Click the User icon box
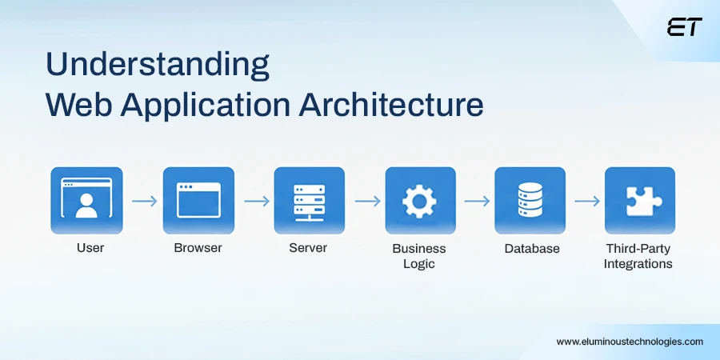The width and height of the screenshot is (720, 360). [86, 200]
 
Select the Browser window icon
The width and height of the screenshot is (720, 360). [198, 200]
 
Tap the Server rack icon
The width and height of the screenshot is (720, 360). [309, 200]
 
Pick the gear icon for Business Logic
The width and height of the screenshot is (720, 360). [420, 200]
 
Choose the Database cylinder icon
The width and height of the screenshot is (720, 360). [530, 200]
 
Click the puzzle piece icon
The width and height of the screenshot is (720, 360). [639, 200]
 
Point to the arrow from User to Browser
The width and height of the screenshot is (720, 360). [145, 201]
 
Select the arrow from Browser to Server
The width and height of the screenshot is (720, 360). [256, 201]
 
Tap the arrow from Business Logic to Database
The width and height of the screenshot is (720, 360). [477, 201]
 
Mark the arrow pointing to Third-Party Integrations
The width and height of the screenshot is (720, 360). [587, 201]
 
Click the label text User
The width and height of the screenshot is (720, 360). [90, 248]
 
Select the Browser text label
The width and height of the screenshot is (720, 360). [198, 248]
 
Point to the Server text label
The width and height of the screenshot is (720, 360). [308, 248]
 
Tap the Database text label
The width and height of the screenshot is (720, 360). [532, 248]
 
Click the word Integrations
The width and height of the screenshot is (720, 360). [638, 264]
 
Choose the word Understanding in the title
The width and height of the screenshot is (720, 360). [157, 65]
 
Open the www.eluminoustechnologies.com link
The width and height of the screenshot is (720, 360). [630, 341]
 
